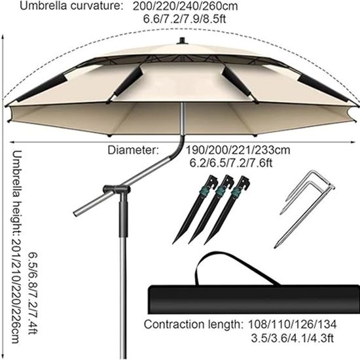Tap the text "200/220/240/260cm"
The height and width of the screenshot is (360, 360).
[x=185, y=6]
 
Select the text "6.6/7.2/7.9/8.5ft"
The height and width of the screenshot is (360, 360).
[x=185, y=19]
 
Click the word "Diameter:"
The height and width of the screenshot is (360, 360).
[x=133, y=150]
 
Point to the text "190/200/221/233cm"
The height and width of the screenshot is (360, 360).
[x=238, y=150]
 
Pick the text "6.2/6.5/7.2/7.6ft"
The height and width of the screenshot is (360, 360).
[x=231, y=163]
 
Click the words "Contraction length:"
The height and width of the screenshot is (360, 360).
[x=193, y=325]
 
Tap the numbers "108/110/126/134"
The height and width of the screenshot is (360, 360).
[x=293, y=325]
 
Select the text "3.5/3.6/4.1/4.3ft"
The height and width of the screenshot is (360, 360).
[x=292, y=338]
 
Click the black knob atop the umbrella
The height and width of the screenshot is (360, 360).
[x=183, y=41]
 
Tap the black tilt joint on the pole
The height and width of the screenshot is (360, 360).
[x=117, y=190]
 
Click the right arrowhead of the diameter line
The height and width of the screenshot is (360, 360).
[x=353, y=142]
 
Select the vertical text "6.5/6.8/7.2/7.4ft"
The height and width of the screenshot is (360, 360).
[x=33, y=293]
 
